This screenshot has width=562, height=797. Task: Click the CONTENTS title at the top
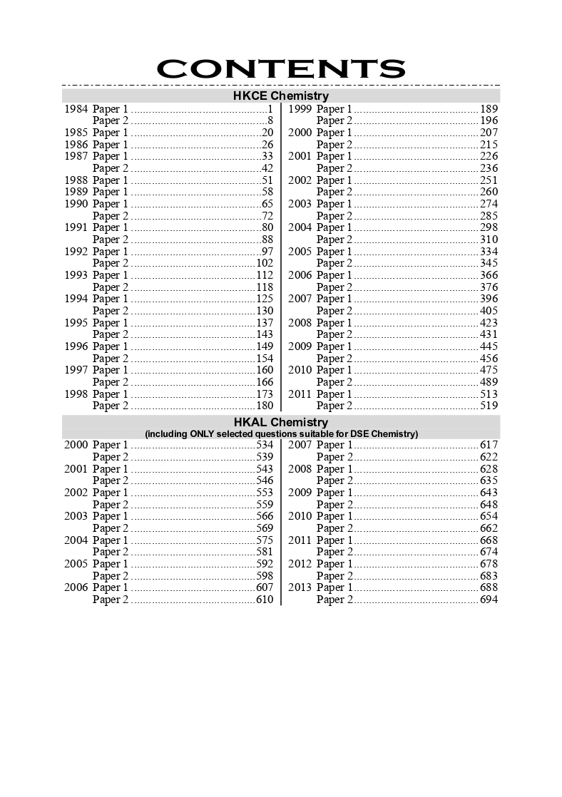pyautogui.click(x=280, y=68)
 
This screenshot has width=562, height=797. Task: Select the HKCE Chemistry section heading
pyautogui.click(x=280, y=96)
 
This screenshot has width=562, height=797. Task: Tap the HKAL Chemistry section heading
pyautogui.click(x=280, y=422)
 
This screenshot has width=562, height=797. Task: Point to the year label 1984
pyautogui.click(x=76, y=109)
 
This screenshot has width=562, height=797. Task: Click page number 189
pyautogui.click(x=489, y=109)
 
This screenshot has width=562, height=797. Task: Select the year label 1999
pyautogui.click(x=300, y=109)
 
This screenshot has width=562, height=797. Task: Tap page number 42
pyautogui.click(x=267, y=168)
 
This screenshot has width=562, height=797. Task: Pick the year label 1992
pyautogui.click(x=76, y=252)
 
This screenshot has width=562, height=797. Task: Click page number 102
pyautogui.click(x=265, y=263)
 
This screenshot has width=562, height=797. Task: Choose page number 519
pyautogui.click(x=489, y=406)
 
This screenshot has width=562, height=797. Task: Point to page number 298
pyautogui.click(x=489, y=227)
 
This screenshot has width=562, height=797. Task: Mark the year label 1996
pyautogui.click(x=76, y=346)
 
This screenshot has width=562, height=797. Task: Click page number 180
pyautogui.click(x=265, y=406)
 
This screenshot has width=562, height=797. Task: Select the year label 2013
pyautogui.click(x=300, y=587)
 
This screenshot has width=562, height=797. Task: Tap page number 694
pyautogui.click(x=489, y=600)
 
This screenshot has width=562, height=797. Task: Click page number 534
pyautogui.click(x=265, y=445)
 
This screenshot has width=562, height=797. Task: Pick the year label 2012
pyautogui.click(x=300, y=564)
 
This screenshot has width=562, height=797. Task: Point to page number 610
pyautogui.click(x=265, y=600)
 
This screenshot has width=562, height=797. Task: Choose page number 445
pyautogui.click(x=489, y=346)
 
